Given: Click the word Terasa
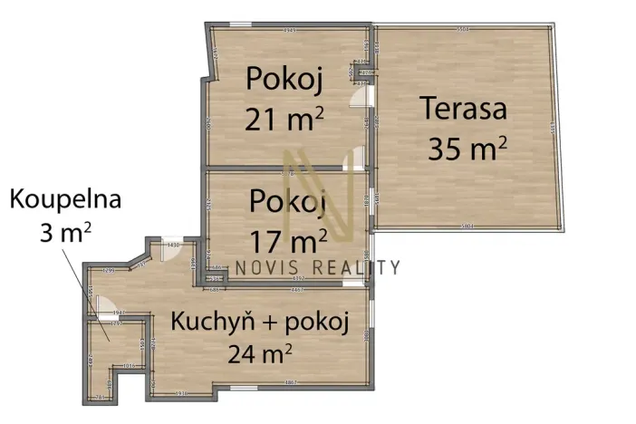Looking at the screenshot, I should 462,111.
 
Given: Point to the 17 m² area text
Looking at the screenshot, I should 288,240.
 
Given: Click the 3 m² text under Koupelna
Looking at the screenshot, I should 64,233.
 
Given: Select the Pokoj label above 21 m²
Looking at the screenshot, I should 284,80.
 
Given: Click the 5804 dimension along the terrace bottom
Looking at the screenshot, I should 467,226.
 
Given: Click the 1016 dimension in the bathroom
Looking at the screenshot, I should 129,366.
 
